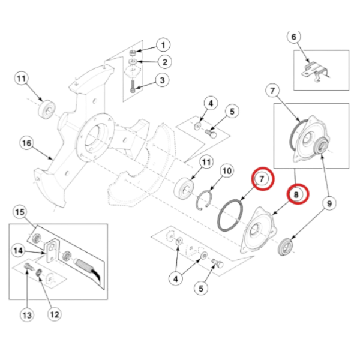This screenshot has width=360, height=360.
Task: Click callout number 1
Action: tap(163, 44)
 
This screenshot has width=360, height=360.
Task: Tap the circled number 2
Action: tap(163, 61)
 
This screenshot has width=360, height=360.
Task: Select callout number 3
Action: tap(163, 79)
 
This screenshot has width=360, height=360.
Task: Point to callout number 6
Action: tap(294, 38)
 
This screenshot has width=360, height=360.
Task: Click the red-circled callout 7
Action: tap(262, 179)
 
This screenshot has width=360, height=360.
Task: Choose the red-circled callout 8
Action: tap(296, 194)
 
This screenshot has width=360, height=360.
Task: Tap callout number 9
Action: tap(329, 205)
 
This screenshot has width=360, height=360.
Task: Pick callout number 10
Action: tap(226, 173)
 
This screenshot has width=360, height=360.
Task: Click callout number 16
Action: tap(26, 144)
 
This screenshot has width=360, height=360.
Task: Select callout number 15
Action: tap(20, 212)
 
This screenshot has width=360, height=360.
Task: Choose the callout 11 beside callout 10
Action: tap(206, 162)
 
